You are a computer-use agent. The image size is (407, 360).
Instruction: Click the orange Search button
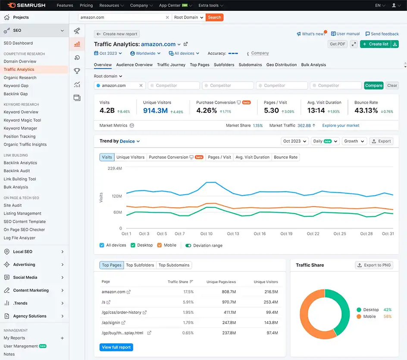[x=214, y=17]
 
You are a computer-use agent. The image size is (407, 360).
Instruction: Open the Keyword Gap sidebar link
[x=16, y=85]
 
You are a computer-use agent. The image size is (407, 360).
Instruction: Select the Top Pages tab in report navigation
[x=200, y=65]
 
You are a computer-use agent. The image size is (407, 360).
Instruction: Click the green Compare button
[x=374, y=85]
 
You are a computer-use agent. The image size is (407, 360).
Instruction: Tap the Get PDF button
[x=338, y=44]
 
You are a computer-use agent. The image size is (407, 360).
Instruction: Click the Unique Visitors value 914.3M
[x=155, y=111]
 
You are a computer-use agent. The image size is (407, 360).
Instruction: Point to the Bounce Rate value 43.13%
[x=366, y=111]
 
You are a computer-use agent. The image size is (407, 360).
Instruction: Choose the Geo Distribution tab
[x=282, y=65]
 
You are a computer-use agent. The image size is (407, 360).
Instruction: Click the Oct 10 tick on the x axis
[x=207, y=234]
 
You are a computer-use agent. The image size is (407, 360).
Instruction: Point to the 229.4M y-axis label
[x=115, y=168]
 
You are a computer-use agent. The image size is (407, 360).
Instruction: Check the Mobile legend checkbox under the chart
[x=160, y=245]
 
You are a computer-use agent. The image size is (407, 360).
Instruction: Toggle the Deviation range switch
[x=188, y=246]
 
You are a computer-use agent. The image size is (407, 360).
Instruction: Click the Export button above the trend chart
[x=381, y=141]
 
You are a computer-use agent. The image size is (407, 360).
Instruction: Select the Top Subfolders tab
[x=140, y=265]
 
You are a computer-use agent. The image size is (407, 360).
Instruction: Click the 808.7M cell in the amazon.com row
[x=229, y=292]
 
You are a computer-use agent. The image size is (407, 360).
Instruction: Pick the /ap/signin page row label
[x=111, y=322]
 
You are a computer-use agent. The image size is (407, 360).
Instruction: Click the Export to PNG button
[x=373, y=265]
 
